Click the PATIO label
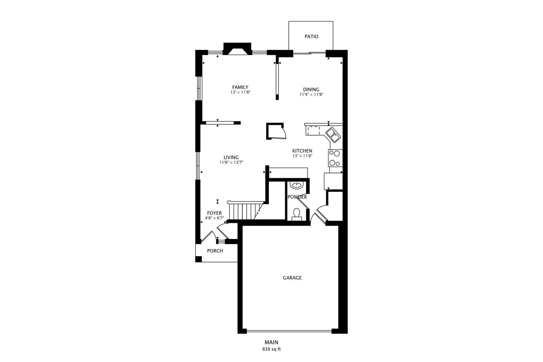[311, 37]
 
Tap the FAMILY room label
[240, 87]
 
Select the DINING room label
[311, 89]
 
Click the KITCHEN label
[302, 151]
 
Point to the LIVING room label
[231, 157]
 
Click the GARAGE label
[292, 278]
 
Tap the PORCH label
[215, 251]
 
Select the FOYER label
[214, 213]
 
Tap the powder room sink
[296, 185]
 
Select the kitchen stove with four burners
[335, 158]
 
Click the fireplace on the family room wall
[237, 49]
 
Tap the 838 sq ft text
[271, 349]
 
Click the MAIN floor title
[271, 342]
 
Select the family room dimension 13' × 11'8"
[240, 92]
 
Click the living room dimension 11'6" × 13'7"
[231, 162]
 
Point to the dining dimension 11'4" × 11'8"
[311, 95]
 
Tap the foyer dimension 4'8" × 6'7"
[214, 218]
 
